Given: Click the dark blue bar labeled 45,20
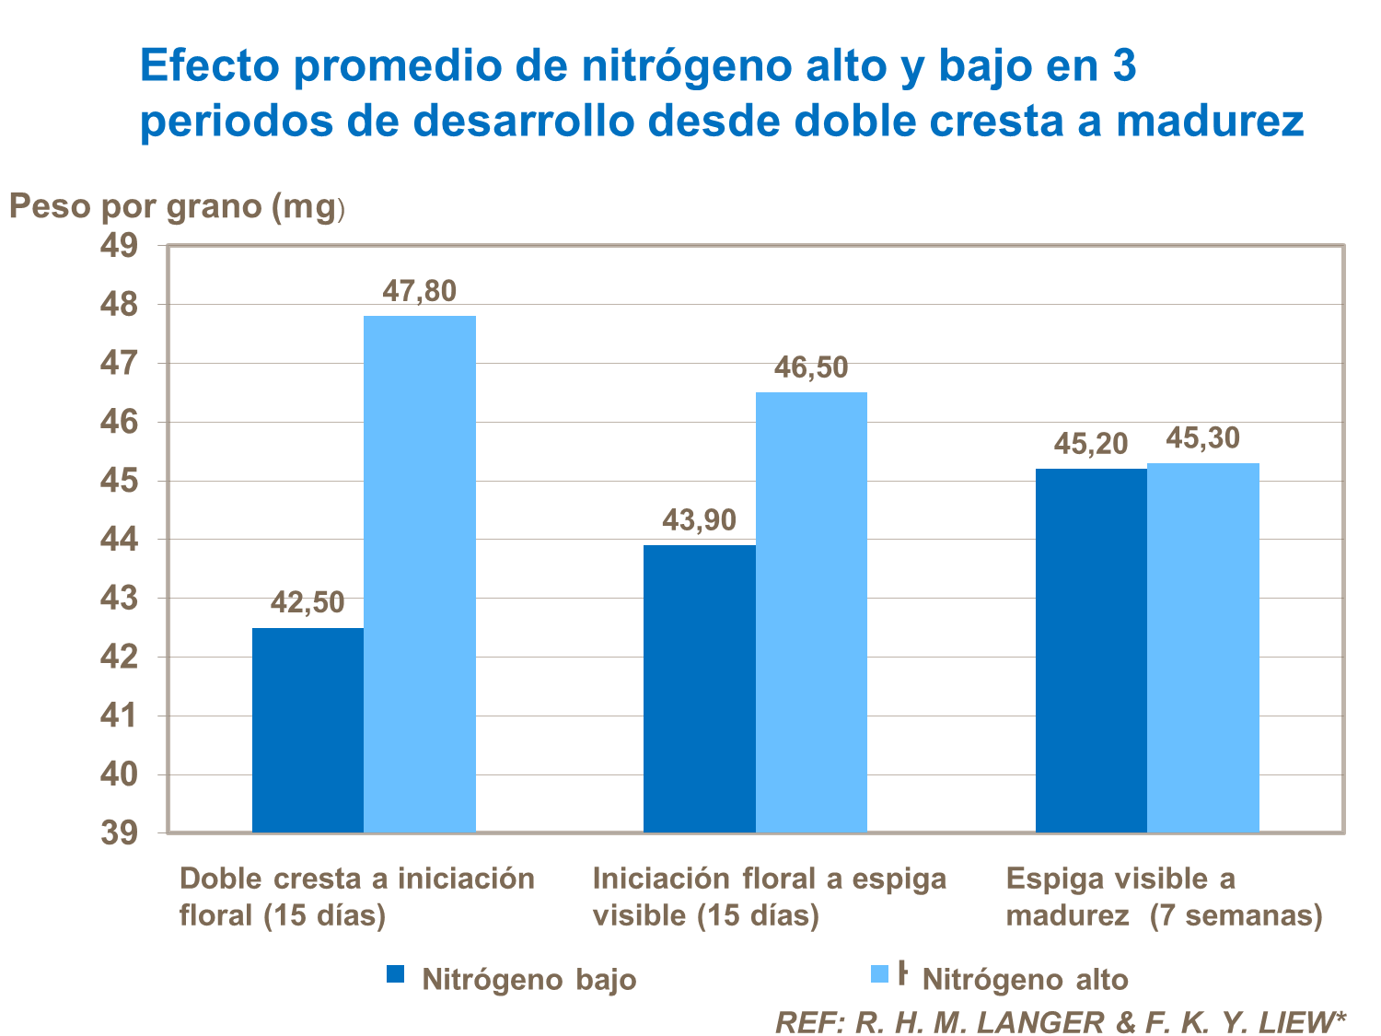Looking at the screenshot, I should (x=1091, y=650).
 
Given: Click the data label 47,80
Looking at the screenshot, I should (x=419, y=292).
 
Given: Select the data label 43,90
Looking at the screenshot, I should (x=699, y=521).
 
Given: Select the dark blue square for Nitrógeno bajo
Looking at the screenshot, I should (x=395, y=974).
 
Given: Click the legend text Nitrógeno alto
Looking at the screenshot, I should (x=1025, y=979).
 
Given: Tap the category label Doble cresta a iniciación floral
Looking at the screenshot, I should (x=356, y=897).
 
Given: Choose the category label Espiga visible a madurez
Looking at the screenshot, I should (x=1164, y=897).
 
